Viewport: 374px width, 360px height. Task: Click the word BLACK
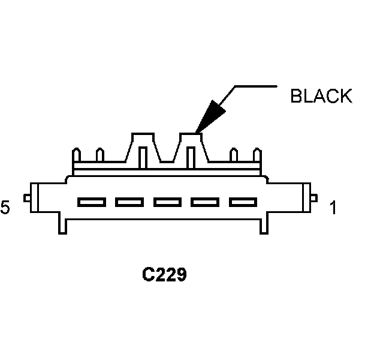[x=321, y=97]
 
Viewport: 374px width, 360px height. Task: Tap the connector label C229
[x=164, y=275]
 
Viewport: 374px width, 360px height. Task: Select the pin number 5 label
[x=5, y=208]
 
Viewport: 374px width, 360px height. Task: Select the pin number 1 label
[x=333, y=208]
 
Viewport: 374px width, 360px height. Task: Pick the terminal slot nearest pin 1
[x=243, y=202]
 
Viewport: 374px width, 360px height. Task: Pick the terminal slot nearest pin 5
[x=91, y=202]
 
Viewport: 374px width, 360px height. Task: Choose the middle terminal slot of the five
[x=167, y=202]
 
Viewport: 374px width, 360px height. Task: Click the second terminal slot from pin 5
[x=129, y=202]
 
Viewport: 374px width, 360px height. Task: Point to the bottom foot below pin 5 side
[x=62, y=226]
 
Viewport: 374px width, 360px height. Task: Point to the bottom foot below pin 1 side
[x=264, y=226]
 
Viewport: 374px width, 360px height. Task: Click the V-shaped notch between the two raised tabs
[x=167, y=157]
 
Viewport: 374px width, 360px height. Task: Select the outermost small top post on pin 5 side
[x=76, y=155]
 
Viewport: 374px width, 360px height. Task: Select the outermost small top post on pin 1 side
[x=259, y=155]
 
